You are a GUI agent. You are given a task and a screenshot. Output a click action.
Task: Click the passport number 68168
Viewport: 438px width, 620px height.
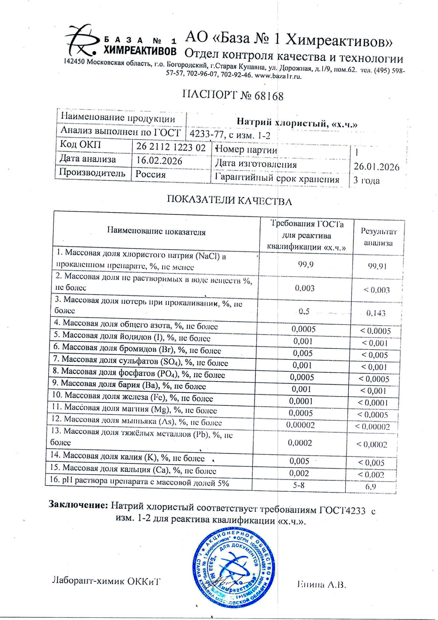269,96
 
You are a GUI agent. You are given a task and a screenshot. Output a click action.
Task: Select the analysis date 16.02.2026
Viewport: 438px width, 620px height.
159,160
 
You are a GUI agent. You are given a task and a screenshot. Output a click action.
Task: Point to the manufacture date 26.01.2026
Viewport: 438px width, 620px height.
376,167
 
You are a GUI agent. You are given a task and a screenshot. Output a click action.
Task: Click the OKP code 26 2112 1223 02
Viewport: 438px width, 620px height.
171,147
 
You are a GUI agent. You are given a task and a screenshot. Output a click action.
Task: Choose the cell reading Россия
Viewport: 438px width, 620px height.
151,174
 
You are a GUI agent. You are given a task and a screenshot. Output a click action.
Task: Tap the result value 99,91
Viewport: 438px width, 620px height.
377,266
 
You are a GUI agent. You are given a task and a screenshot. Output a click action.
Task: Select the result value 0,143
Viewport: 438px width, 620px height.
376,313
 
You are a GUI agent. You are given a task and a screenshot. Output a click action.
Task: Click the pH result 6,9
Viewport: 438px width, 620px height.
371,486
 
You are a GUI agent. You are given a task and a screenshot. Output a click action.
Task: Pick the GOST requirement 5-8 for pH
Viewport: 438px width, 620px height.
299,485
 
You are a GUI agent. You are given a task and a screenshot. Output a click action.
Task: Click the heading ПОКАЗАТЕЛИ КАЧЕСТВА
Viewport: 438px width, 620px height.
230,201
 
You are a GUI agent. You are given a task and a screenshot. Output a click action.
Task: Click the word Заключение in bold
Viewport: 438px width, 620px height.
78,505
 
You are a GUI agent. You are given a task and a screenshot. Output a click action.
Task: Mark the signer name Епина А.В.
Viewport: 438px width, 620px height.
321,585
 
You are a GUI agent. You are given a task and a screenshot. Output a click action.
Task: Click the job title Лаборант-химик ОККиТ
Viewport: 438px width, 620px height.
106,581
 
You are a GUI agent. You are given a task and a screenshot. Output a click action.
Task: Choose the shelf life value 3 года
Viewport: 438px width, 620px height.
367,180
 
